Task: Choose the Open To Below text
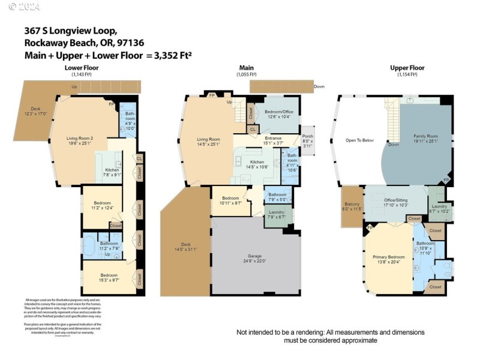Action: (x=359, y=140)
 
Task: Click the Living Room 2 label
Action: (x=80, y=140)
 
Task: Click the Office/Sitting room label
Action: (x=395, y=203)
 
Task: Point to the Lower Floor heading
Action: (x=82, y=68)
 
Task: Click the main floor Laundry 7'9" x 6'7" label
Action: (x=277, y=214)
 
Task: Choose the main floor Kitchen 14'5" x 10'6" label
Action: (x=257, y=165)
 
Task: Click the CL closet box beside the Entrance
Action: (x=253, y=128)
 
